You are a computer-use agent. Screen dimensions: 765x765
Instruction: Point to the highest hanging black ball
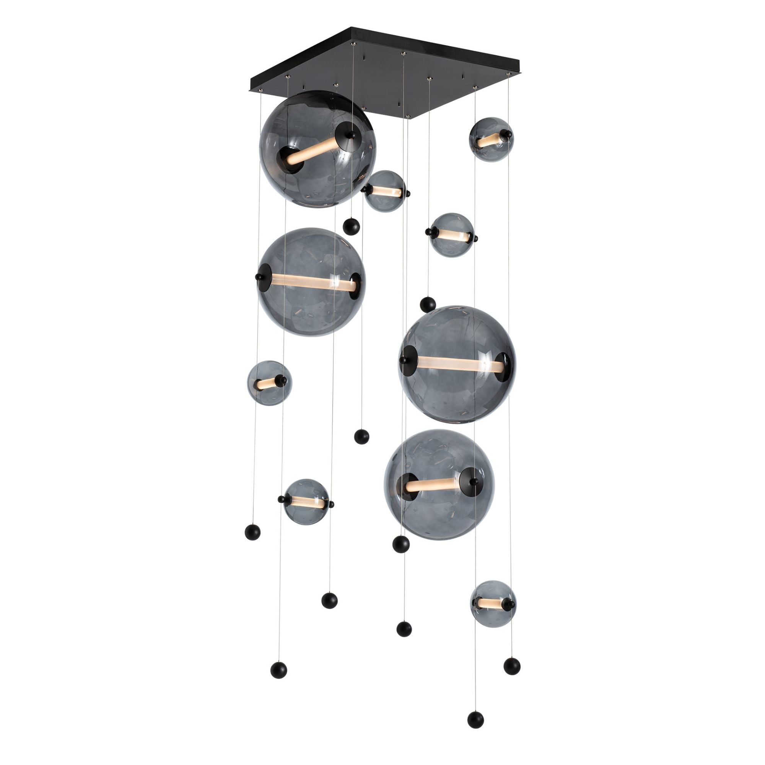[x=351, y=227]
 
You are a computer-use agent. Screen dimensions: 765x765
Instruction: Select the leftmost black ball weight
[x=252, y=531]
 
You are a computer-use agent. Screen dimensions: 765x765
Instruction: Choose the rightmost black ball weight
[x=512, y=666]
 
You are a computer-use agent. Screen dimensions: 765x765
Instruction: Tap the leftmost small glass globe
[x=270, y=382]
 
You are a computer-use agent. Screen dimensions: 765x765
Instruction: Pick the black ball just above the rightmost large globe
[x=428, y=304]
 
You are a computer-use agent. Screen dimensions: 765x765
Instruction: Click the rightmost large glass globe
[x=457, y=364]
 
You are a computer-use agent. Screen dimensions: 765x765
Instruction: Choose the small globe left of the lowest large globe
[x=306, y=502]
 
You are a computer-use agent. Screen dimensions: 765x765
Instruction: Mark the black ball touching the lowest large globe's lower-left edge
[x=401, y=544]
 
